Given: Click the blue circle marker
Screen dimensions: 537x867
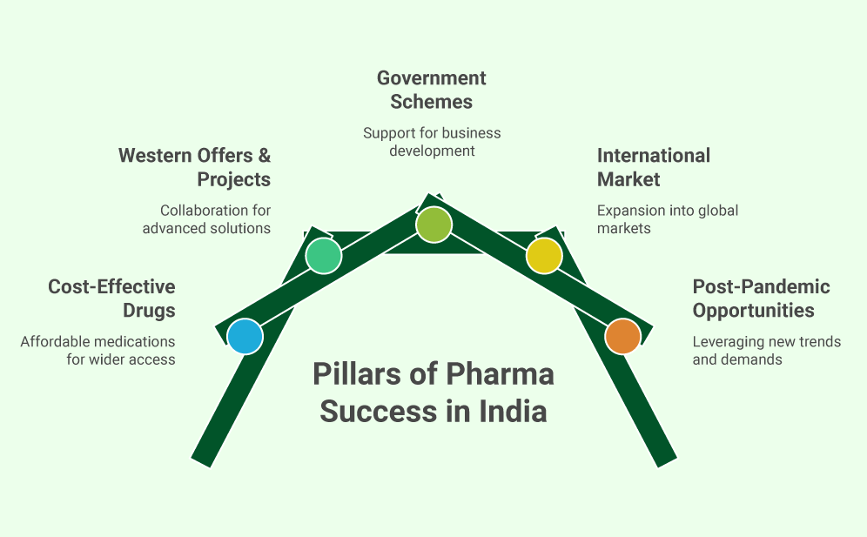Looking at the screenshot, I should click(x=245, y=336).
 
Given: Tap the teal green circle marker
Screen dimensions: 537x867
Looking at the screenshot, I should click(x=323, y=256).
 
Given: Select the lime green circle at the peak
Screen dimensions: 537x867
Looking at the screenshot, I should click(x=433, y=225).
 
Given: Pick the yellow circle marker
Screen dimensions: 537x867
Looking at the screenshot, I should click(x=544, y=256).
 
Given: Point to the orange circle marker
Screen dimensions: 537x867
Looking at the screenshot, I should click(x=622, y=336).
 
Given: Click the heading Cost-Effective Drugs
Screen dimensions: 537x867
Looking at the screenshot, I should click(x=111, y=299).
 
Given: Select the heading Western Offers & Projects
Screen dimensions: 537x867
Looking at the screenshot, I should click(x=194, y=167).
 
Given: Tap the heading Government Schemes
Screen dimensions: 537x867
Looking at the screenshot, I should click(x=432, y=90).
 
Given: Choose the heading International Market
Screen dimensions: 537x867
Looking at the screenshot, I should click(x=653, y=167).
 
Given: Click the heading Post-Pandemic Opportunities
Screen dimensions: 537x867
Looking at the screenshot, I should click(x=761, y=299).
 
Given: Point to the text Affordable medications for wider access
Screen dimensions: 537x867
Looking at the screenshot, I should click(x=98, y=350).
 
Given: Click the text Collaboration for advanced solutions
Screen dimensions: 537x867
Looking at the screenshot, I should click(x=206, y=219).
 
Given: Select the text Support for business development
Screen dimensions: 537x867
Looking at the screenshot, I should click(x=432, y=142).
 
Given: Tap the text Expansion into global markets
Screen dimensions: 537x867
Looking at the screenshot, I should click(x=667, y=219).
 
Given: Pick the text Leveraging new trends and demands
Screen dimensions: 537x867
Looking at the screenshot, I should click(x=766, y=350).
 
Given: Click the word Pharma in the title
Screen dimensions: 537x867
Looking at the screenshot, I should click(x=500, y=375).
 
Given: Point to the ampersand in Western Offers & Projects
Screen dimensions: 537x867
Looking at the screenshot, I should click(x=263, y=156).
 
